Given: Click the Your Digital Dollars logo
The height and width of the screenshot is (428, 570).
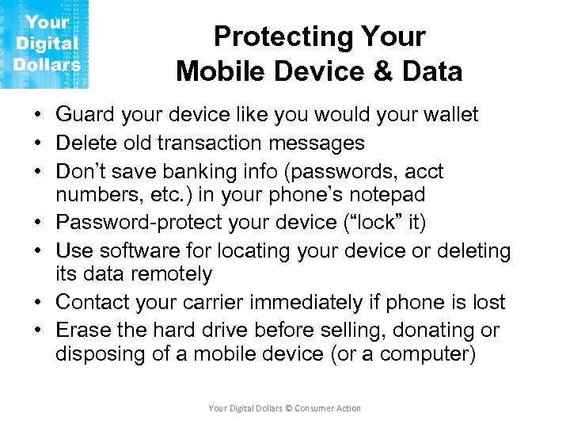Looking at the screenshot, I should pyautogui.click(x=46, y=44).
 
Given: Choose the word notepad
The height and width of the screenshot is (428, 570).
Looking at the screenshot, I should pyautogui.click(x=385, y=195).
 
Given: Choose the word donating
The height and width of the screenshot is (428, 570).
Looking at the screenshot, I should pyautogui.click(x=437, y=331).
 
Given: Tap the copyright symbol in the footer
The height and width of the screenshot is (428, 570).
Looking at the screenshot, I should pyautogui.click(x=289, y=408).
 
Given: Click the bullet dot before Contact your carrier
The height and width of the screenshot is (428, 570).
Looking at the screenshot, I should pyautogui.click(x=38, y=302).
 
